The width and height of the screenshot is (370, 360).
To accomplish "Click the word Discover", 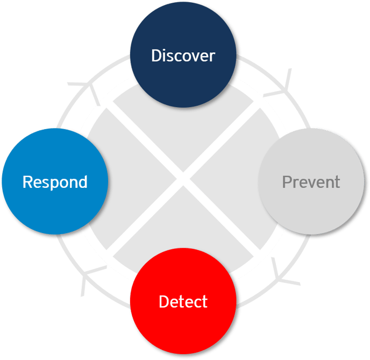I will pyautogui.click(x=183, y=55).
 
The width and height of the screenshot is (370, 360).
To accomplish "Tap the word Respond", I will pyautogui.click(x=55, y=182).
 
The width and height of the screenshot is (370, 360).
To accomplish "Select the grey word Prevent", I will pyautogui.click(x=311, y=182).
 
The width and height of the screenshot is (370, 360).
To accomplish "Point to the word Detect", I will pyautogui.click(x=183, y=301).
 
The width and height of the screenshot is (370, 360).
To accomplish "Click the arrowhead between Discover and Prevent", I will pyautogui.click(x=280, y=83).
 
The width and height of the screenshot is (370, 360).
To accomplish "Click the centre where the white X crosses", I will pyautogui.click(x=183, y=179).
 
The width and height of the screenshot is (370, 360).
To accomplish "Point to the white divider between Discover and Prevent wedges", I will pyautogui.click(x=226, y=137).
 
